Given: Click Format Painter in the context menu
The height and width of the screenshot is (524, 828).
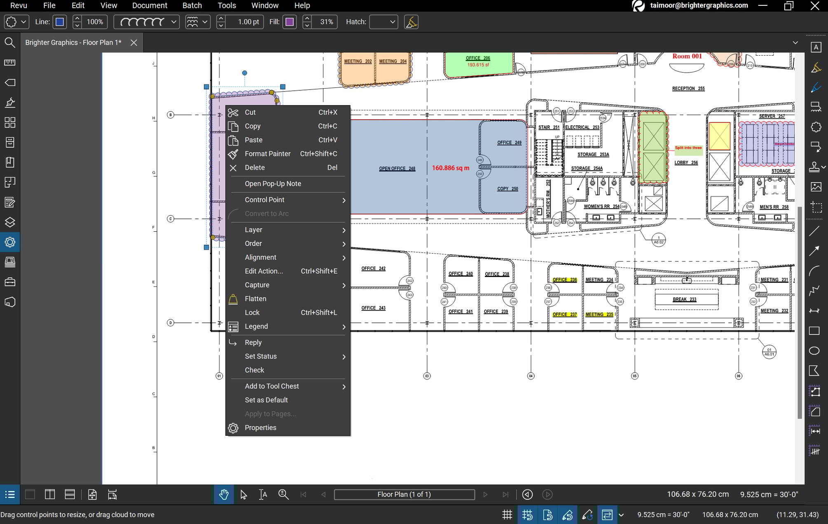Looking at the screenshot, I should tap(267, 154).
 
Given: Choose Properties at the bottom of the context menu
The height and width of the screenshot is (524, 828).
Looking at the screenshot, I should tap(260, 428).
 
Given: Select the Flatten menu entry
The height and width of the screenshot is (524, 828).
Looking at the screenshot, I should tap(255, 298).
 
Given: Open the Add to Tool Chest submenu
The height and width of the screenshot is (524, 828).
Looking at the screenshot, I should tap(272, 386).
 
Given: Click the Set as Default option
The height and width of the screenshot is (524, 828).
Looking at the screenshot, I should tap(266, 400).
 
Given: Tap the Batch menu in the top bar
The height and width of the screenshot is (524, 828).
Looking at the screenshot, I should tap(192, 5).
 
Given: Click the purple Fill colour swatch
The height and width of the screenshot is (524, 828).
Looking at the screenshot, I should tap(290, 22).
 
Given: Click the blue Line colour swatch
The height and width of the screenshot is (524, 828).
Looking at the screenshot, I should tap(60, 22).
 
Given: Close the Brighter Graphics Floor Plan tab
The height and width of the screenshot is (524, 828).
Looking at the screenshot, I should tap(133, 42).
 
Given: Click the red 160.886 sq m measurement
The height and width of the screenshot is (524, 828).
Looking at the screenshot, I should tap(450, 168).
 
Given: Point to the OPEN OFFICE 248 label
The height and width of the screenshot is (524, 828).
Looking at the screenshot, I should tap(397, 168).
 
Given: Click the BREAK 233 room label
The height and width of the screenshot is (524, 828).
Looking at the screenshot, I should tap(684, 299).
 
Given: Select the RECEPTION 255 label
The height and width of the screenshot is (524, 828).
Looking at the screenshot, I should tap(688, 89).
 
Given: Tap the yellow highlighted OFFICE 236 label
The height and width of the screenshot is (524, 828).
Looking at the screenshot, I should tap(564, 280).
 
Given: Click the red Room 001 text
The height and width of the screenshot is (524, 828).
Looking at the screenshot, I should tap(687, 56).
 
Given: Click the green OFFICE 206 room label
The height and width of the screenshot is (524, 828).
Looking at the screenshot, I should tap(477, 58).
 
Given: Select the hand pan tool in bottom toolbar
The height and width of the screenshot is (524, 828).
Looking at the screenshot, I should tap(224, 494).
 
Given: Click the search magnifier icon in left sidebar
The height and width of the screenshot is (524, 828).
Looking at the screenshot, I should tap(9, 42).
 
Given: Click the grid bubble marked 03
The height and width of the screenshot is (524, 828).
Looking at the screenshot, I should tap(427, 376).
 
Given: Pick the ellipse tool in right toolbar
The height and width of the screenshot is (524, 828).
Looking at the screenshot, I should tap(814, 351).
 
